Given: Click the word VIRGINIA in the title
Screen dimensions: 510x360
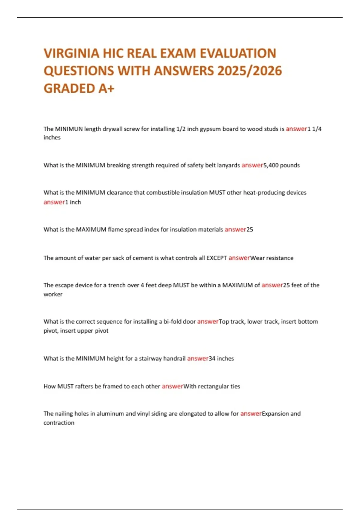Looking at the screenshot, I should point(71,53).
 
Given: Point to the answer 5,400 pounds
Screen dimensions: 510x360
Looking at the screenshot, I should point(281,165).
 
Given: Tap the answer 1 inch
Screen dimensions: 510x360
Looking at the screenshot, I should point(73,202).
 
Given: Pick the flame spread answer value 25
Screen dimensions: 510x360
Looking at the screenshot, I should point(250,229).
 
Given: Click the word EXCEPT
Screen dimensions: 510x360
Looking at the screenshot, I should point(217,258).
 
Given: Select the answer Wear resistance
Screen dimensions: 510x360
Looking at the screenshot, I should point(272,258).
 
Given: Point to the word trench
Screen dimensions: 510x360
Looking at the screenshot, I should point(117,285).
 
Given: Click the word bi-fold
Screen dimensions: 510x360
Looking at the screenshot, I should point(172,322).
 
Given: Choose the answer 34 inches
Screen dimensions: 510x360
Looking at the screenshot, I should point(221,358).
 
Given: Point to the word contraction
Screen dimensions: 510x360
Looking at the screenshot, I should point(59,423).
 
